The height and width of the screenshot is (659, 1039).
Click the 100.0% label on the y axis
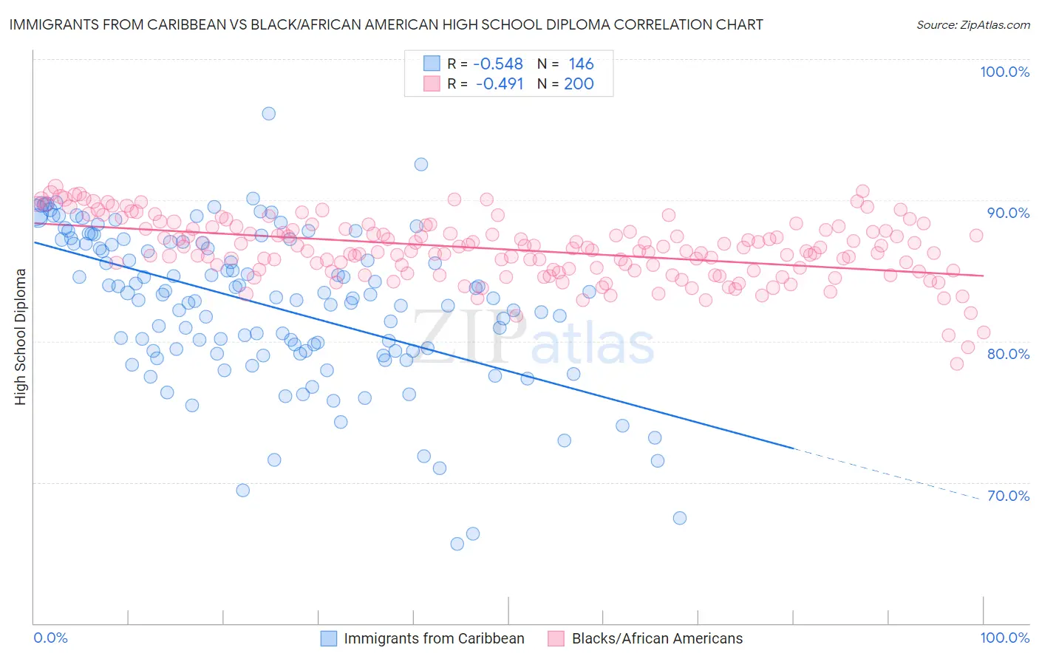1004,72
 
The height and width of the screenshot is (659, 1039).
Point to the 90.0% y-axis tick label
1008,213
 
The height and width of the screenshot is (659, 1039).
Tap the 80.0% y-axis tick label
1008,354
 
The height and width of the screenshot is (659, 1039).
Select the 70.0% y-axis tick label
1008,496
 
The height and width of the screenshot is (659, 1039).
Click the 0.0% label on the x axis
51,638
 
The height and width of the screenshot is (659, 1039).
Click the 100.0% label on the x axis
1004,638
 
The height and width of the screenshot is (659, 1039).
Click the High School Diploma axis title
21,337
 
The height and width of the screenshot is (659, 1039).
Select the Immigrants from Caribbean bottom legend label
434,638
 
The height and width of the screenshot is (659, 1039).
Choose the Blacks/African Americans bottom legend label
657,638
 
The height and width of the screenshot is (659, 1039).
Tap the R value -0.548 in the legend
498,64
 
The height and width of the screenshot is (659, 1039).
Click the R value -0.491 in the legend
500,83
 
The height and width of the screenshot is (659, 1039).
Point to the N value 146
581,64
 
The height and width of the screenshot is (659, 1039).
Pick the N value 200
579,83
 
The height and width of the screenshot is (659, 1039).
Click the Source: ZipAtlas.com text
972,24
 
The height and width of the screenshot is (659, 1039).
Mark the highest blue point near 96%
268,113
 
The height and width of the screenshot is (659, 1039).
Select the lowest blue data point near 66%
457,544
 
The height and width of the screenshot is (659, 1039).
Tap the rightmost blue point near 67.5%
679,518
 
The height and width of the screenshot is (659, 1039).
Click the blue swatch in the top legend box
432,64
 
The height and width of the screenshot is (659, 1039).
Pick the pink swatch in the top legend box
432,83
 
